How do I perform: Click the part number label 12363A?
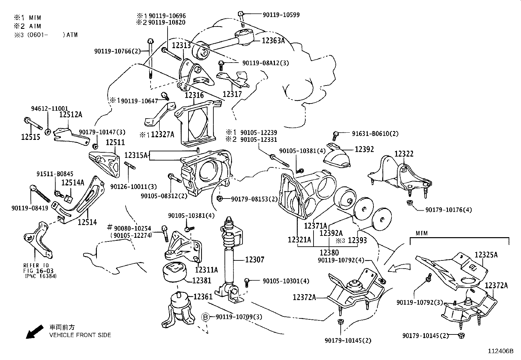pos(273,41)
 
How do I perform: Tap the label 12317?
pos(232,94)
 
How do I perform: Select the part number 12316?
pos(194,95)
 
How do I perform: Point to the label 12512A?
pos(71,115)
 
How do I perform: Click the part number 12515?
pos(31,137)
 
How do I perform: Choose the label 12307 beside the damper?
pos(255,260)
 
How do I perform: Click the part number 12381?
pos(202,280)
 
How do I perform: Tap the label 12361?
pos(203,297)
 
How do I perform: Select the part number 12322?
pos(404,154)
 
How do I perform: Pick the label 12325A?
pos(486,255)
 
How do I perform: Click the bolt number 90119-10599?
pos(281,15)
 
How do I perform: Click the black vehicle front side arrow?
pos(34,331)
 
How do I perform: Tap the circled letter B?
pos(205,317)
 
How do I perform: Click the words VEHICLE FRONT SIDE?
pos(80,335)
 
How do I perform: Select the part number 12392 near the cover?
pos(364,149)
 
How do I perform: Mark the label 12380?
pos(329,253)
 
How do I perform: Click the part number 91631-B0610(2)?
pos(375,134)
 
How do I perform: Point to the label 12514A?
pos(73,182)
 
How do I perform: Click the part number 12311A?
pos(207,270)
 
